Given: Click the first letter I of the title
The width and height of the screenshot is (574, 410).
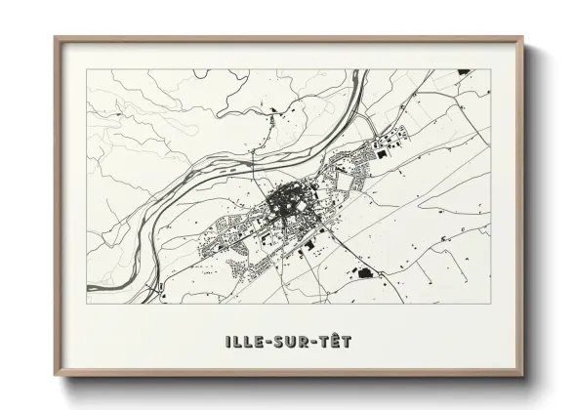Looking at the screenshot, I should tap(226, 343).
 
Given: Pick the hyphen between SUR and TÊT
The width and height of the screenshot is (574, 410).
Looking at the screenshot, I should tap(312, 344).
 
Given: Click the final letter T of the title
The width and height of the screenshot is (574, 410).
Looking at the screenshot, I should tap(347, 343).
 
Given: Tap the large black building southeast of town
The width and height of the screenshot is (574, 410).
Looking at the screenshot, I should tap(365, 272).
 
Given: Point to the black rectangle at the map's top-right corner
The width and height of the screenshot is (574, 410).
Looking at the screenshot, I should tap(462, 72).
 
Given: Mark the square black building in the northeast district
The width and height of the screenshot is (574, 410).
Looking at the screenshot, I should tap(382, 152).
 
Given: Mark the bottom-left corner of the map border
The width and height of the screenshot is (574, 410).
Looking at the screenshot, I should tap(87, 303).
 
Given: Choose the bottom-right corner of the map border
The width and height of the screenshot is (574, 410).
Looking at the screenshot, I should tap(490, 303).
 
